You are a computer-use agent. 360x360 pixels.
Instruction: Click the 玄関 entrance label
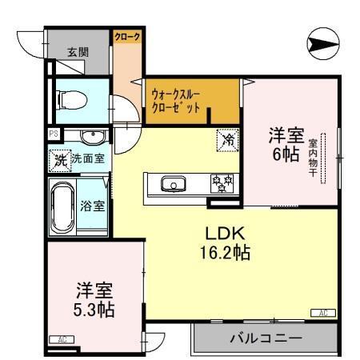pyautogui.click(x=78, y=52)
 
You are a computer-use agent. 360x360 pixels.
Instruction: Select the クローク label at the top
pyautogui.click(x=126, y=38)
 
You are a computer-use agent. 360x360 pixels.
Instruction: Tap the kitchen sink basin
pyautogui.click(x=171, y=185)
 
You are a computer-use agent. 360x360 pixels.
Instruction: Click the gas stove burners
pyautogui.click(x=221, y=183)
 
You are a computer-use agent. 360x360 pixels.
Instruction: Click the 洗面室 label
pyautogui.click(x=87, y=158)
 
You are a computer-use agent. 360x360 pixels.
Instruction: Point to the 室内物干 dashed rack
pyautogui.click(x=324, y=157)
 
